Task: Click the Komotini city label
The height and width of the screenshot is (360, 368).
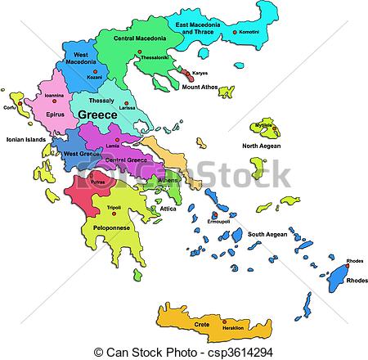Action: click(251, 32)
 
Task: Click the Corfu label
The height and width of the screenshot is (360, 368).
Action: click(10, 107)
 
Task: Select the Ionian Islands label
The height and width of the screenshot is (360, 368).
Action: click(25, 140)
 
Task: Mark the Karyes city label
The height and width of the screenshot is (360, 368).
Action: click(200, 73)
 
